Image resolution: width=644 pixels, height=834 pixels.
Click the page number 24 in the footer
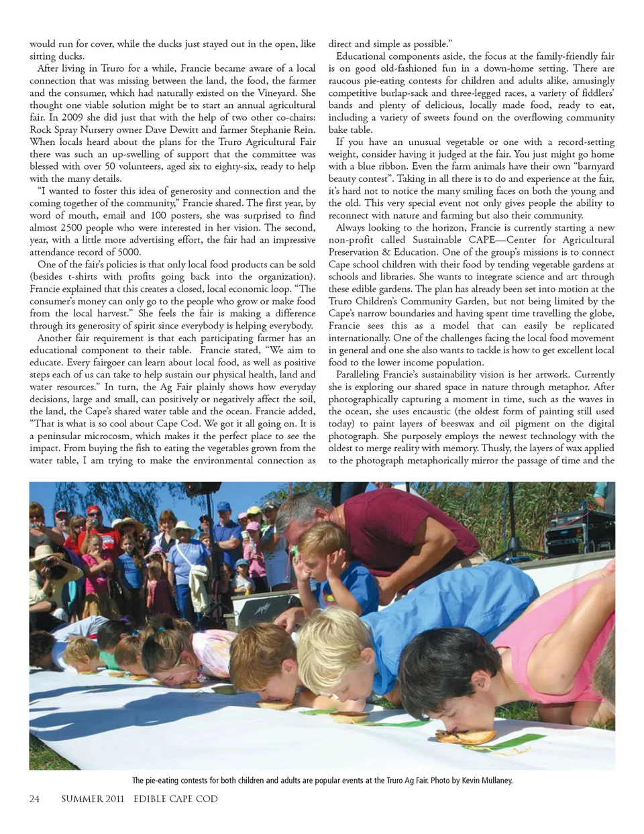pos(34,798)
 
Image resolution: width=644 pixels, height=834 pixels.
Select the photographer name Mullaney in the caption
pos(494,780)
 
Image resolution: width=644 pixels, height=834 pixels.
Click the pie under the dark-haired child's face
pos(465,737)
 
